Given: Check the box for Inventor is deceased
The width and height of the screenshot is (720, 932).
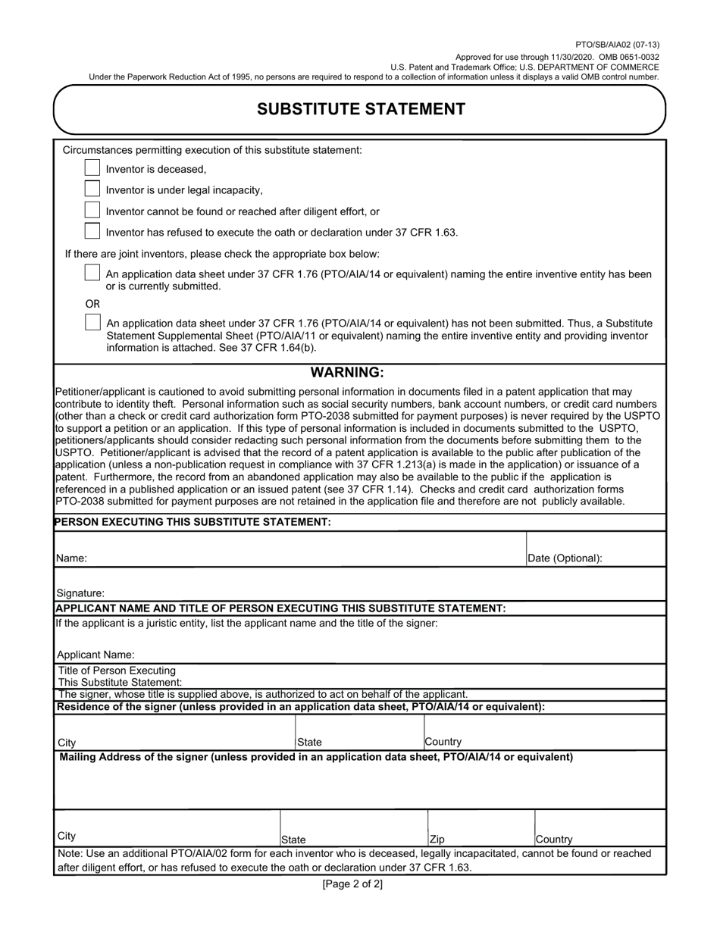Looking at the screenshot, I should [92, 168].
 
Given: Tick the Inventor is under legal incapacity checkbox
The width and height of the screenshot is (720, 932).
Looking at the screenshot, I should [92, 189].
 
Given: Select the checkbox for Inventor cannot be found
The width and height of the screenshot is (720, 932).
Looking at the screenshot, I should [92, 211].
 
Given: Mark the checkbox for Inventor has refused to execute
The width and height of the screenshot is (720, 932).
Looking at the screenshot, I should [92, 231].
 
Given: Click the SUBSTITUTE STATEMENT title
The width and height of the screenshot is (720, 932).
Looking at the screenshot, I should [361, 109].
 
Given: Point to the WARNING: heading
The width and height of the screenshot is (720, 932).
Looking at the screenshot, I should [348, 373].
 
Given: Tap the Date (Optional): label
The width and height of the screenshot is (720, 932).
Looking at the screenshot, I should [565, 558].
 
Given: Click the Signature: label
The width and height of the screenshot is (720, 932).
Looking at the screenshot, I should [81, 593].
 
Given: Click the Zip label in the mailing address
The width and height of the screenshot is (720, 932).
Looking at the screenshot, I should [437, 840].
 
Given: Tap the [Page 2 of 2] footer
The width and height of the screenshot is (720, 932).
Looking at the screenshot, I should [352, 884].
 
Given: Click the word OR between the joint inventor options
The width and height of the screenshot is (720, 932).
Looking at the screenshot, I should [92, 303].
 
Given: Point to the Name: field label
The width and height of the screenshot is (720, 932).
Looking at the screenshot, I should [72, 558].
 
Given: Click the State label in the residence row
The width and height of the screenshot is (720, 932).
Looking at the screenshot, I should [309, 743].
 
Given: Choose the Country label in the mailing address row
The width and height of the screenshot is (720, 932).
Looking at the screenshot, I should [554, 840].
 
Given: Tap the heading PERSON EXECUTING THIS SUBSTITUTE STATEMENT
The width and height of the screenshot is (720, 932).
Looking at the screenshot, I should [193, 522].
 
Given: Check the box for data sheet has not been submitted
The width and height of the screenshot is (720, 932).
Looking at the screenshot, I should [92, 322].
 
